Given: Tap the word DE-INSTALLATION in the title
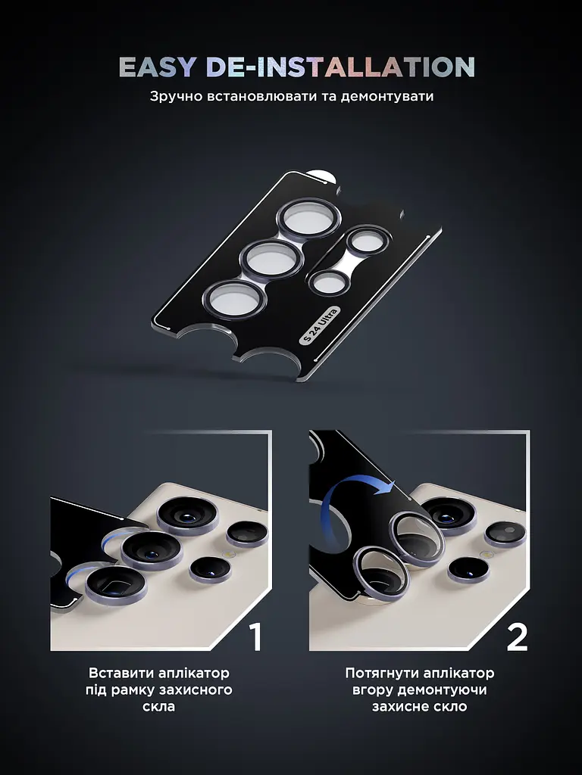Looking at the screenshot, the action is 340,67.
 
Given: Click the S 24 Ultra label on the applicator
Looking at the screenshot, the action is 320,325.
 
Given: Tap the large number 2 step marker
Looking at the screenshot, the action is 517,636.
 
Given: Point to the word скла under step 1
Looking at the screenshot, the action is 159,706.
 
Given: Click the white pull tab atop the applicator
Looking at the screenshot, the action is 321,176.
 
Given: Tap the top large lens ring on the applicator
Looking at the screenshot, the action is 308,219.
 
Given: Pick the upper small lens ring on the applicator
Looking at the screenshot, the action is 368,241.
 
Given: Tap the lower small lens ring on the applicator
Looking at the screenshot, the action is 329,283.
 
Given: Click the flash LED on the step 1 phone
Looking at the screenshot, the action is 228,554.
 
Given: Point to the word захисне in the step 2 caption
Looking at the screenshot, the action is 394,707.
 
